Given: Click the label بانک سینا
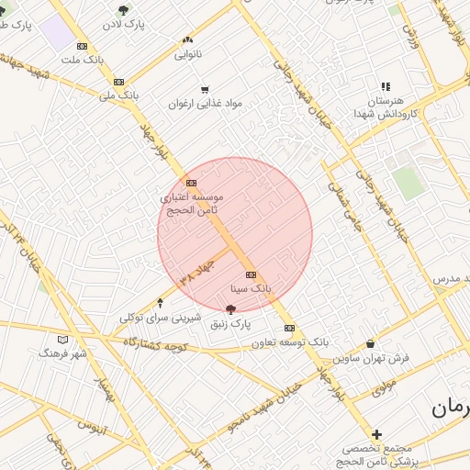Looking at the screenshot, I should pos(251,289).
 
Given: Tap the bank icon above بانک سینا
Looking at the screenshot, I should pos(251,275).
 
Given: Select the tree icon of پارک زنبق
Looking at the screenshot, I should pos(229,309).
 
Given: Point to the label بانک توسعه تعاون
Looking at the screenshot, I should pos(291,341).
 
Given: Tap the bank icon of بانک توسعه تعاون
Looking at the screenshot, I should pos(289,328).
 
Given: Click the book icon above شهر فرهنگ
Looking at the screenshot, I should pos(63,339).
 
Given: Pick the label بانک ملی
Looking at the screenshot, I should pos(118,95).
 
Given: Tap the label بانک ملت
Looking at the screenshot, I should pos(82,60).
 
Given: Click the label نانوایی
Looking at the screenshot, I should pos(188,54).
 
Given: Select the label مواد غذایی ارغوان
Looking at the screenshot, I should pos(204,104).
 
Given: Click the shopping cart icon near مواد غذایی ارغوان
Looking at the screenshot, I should pos(204,90).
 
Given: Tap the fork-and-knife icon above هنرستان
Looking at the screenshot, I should pos(385,86).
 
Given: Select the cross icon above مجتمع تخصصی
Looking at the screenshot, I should pos(376,434).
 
